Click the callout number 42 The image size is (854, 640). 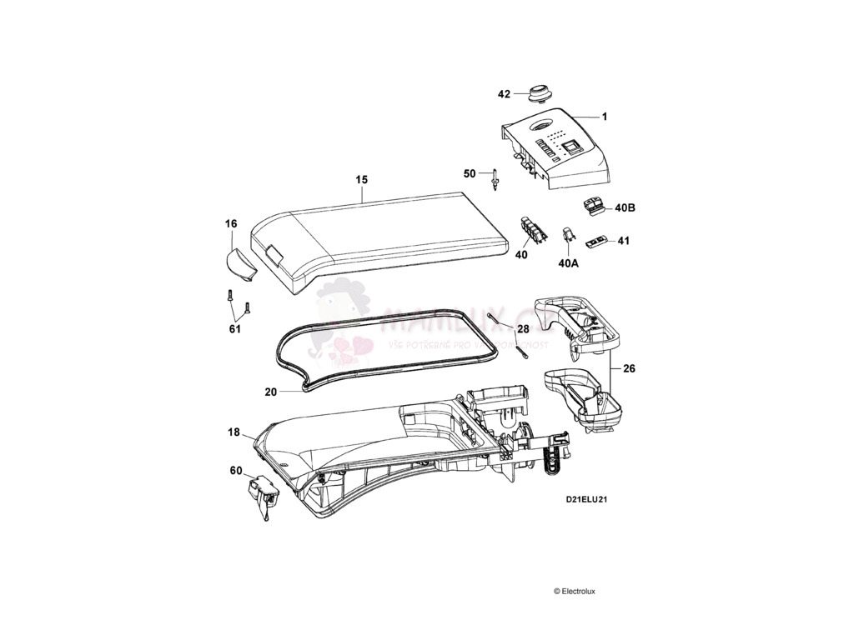(504, 94)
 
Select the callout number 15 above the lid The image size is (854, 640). (361, 179)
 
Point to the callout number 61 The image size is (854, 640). (235, 328)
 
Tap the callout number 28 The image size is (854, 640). (523, 329)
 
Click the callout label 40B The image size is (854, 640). (625, 207)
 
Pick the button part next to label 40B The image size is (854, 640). (595, 205)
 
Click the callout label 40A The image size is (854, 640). (567, 262)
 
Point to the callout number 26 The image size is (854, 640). (628, 367)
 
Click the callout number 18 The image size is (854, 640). (234, 432)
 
